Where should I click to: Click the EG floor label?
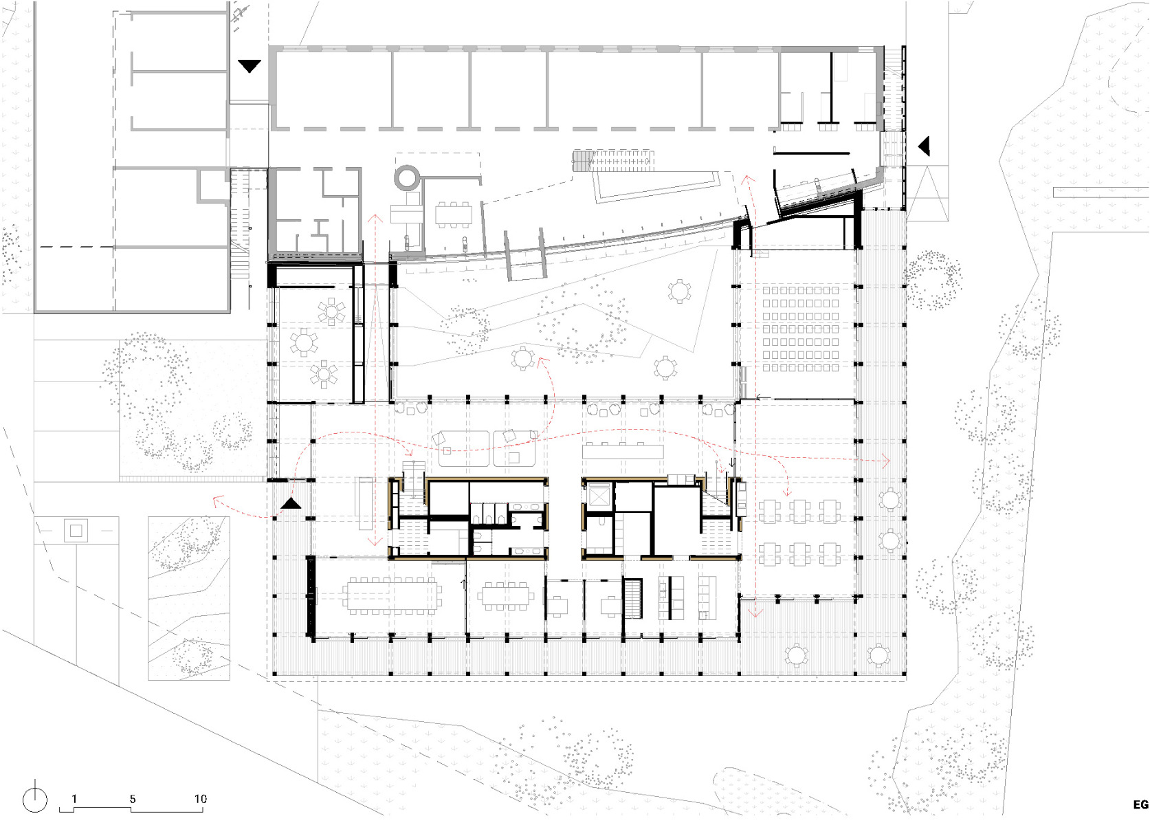coord(1140,805)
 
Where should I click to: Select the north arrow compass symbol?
coord(35,800)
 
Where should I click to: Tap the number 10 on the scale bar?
coord(200,799)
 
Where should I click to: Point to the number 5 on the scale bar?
coord(133,799)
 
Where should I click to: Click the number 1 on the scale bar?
coord(74,799)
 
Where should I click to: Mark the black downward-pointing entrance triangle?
coord(249,66)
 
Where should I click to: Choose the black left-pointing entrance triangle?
coord(925,146)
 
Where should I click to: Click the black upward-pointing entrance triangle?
coord(291,503)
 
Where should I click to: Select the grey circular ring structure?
coord(406,177)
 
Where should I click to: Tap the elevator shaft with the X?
coord(599,495)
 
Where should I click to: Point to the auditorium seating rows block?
coord(801,329)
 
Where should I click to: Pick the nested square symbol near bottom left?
coord(76,530)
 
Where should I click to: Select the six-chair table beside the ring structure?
coord(454,215)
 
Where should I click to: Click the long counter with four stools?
coord(623,450)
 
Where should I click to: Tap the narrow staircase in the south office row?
coord(632,598)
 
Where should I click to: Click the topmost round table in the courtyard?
coord(679,291)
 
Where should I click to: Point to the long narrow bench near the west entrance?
coord(365,503)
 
